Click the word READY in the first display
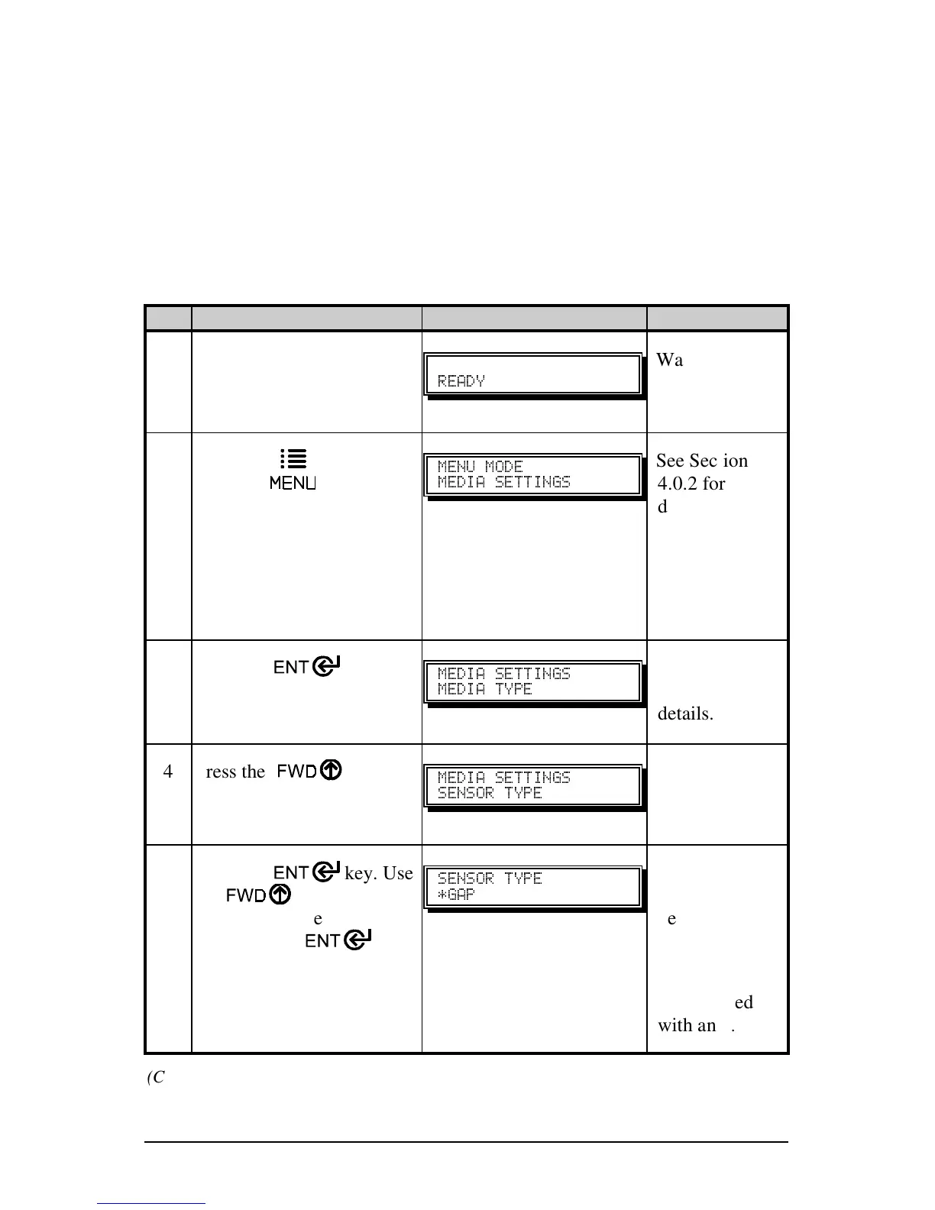[x=461, y=380]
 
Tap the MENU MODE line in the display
[x=480, y=466]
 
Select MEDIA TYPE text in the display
[x=484, y=689]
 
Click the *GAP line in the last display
[x=456, y=895]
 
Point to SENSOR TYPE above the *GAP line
[x=490, y=878]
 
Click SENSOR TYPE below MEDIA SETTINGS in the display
[x=490, y=793]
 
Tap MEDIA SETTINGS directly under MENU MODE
[x=504, y=482]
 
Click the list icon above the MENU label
[x=293, y=458]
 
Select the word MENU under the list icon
[x=293, y=483]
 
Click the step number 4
[x=168, y=772]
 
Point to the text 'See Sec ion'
[x=702, y=461]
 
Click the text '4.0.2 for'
[x=691, y=484]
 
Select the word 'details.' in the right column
[x=685, y=714]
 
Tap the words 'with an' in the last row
[x=685, y=1025]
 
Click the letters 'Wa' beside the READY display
[x=670, y=360]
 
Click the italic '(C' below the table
[x=156, y=1078]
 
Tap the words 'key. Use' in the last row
[x=379, y=873]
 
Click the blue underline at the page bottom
[x=151, y=1204]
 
